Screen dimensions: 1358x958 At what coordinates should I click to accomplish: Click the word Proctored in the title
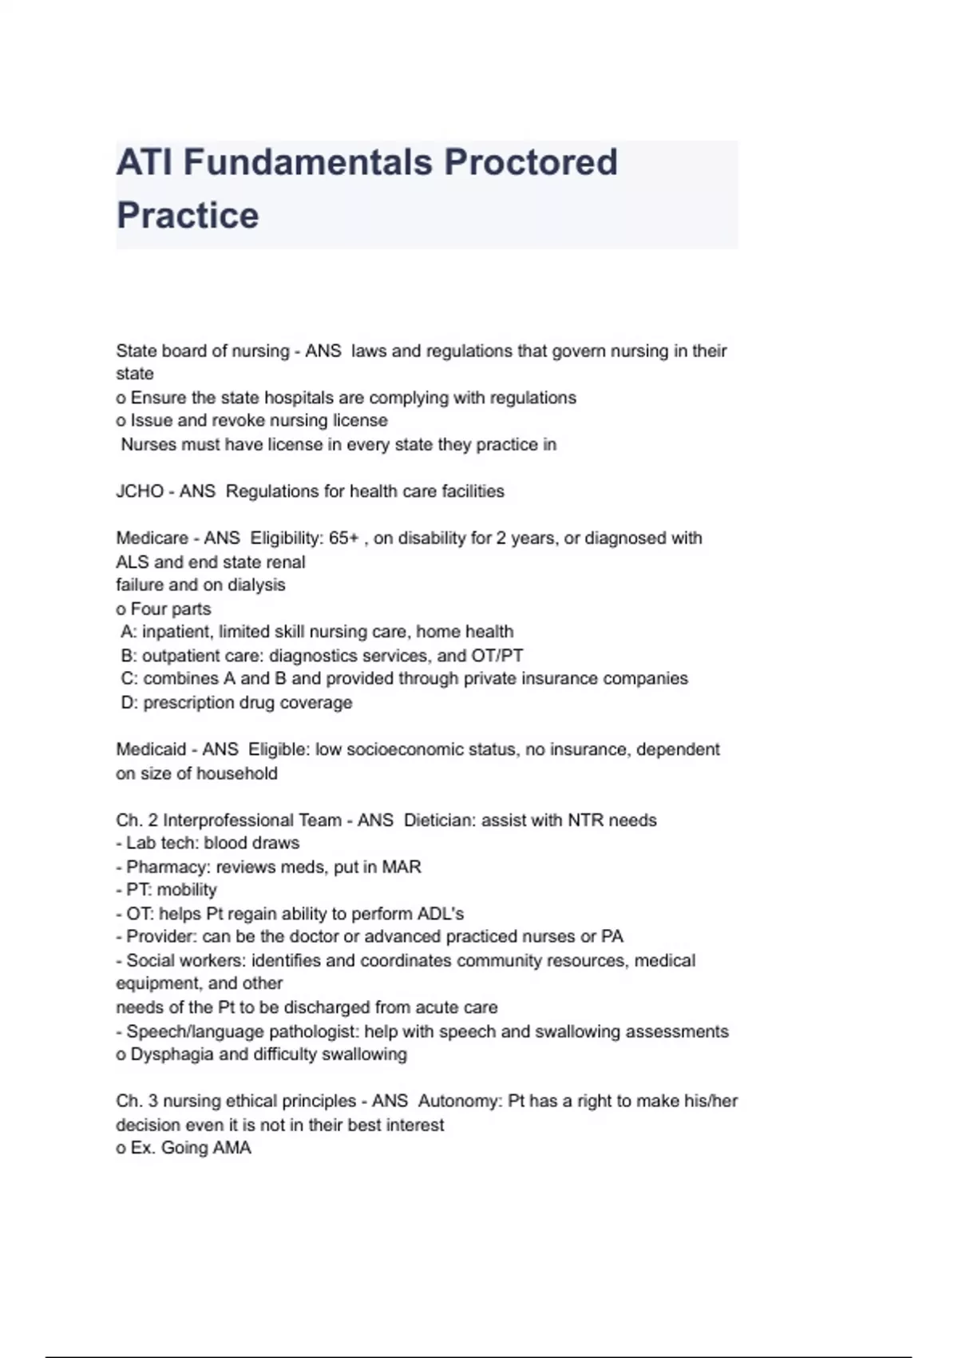click(x=531, y=162)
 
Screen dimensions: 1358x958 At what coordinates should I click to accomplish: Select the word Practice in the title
click(x=188, y=216)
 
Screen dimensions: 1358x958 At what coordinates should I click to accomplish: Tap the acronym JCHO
click(x=140, y=491)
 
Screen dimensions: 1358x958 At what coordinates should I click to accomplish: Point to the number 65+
click(x=344, y=538)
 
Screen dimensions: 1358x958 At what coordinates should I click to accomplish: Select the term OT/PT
click(x=497, y=656)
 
